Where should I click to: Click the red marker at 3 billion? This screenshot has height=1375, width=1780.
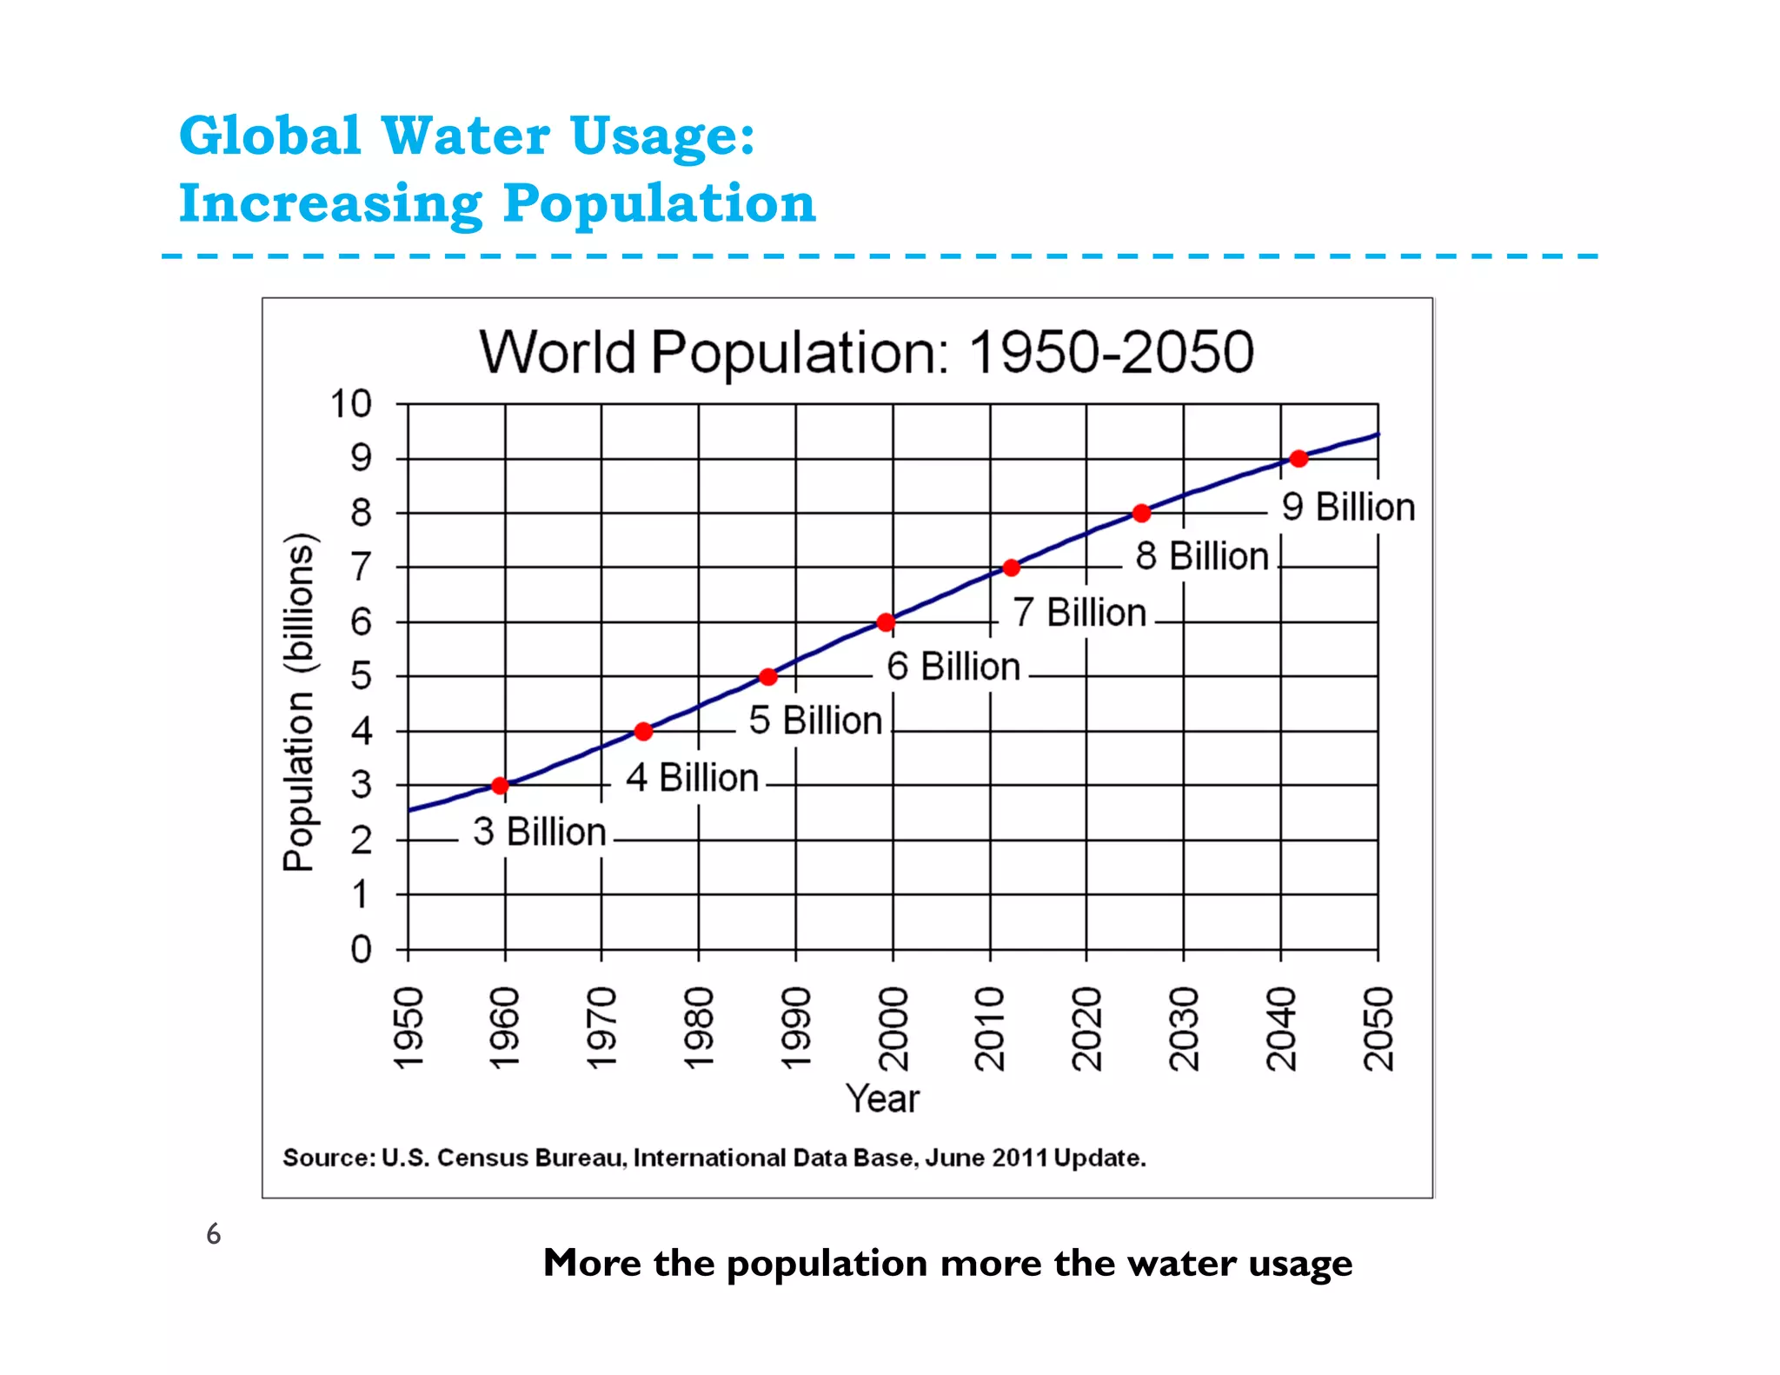pos(500,786)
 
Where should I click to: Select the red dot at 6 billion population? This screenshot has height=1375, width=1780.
pos(886,622)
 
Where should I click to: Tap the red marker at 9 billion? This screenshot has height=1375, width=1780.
pos(1298,459)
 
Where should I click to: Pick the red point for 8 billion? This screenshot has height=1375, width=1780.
pos(1142,514)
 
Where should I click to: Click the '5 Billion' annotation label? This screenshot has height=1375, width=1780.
pos(815,721)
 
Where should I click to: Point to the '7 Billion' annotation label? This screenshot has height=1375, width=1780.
pos(1079,613)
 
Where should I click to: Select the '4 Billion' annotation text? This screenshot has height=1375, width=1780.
pos(692,777)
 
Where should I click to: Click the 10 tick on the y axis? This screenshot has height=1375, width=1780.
pos(350,404)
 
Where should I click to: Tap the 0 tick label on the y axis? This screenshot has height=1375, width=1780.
pos(361,949)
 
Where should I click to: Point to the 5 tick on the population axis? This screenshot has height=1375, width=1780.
pos(361,676)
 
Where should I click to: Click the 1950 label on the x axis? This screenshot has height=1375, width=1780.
pos(408,1028)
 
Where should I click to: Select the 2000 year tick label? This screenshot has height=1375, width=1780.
pos(893,1028)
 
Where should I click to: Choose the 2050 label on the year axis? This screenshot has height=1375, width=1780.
pos(1378,1028)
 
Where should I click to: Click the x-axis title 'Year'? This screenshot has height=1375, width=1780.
pos(882,1099)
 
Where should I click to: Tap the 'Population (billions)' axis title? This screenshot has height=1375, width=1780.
pos(298,701)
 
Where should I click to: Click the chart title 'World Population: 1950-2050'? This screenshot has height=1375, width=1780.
pos(867,352)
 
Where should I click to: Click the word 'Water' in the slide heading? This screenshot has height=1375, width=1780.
pos(465,136)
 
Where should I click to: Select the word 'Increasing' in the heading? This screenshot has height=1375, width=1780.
pos(330,203)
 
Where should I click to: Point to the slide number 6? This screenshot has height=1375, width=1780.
pos(213,1234)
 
